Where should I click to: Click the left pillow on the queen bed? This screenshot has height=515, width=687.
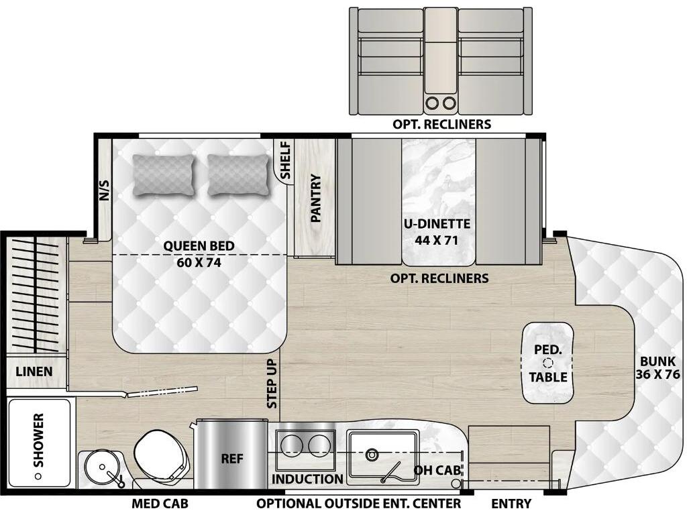164,175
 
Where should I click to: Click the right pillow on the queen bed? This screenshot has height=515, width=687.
238,175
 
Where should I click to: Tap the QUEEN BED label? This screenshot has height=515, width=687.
199,246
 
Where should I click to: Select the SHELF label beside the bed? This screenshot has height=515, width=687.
285,160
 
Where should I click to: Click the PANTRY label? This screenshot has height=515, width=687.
316,198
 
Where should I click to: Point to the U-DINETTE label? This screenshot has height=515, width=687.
437,224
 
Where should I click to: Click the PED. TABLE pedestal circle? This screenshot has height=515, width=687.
547,363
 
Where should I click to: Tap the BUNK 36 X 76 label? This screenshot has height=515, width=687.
657,368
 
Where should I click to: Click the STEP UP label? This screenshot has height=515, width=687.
272,384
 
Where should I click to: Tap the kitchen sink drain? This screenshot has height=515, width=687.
372,454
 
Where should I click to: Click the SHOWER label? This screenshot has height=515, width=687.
38,440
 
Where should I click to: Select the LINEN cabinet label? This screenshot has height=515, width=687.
34,371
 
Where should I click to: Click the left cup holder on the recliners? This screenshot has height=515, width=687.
433,103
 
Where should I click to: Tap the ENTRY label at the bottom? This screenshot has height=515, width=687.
511,504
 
